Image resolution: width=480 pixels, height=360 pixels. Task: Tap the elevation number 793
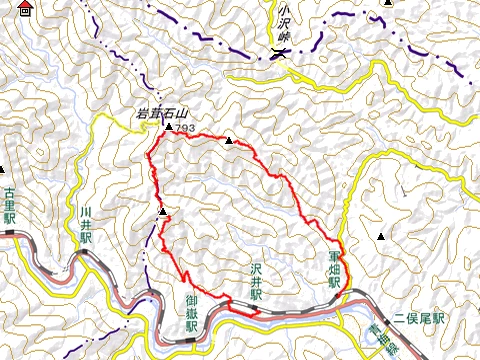tap(184, 129)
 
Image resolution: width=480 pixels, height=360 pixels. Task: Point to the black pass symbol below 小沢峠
tap(277, 55)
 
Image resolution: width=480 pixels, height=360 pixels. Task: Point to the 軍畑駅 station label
tap(334, 269)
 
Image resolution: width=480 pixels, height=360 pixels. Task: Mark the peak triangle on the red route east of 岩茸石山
tap(229, 141)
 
